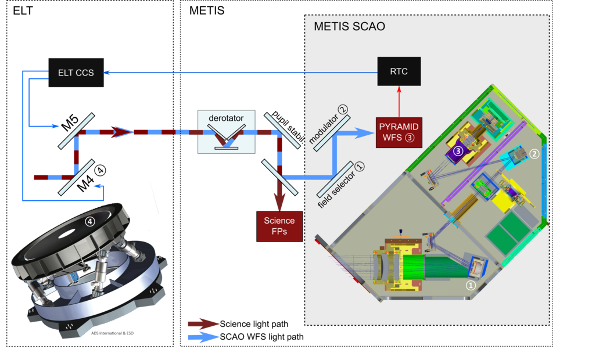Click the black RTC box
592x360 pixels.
point(399,71)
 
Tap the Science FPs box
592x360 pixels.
point(279,226)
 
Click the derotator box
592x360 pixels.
point(226,132)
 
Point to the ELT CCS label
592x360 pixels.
point(76,73)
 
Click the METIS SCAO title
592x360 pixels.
point(349,27)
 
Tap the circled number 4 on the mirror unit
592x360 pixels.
point(89,221)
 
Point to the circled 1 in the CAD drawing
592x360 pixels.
point(471,285)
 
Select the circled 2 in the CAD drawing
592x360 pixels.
point(534,154)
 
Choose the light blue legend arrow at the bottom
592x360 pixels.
point(203,338)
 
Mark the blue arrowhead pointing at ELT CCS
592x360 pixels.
point(107,73)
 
